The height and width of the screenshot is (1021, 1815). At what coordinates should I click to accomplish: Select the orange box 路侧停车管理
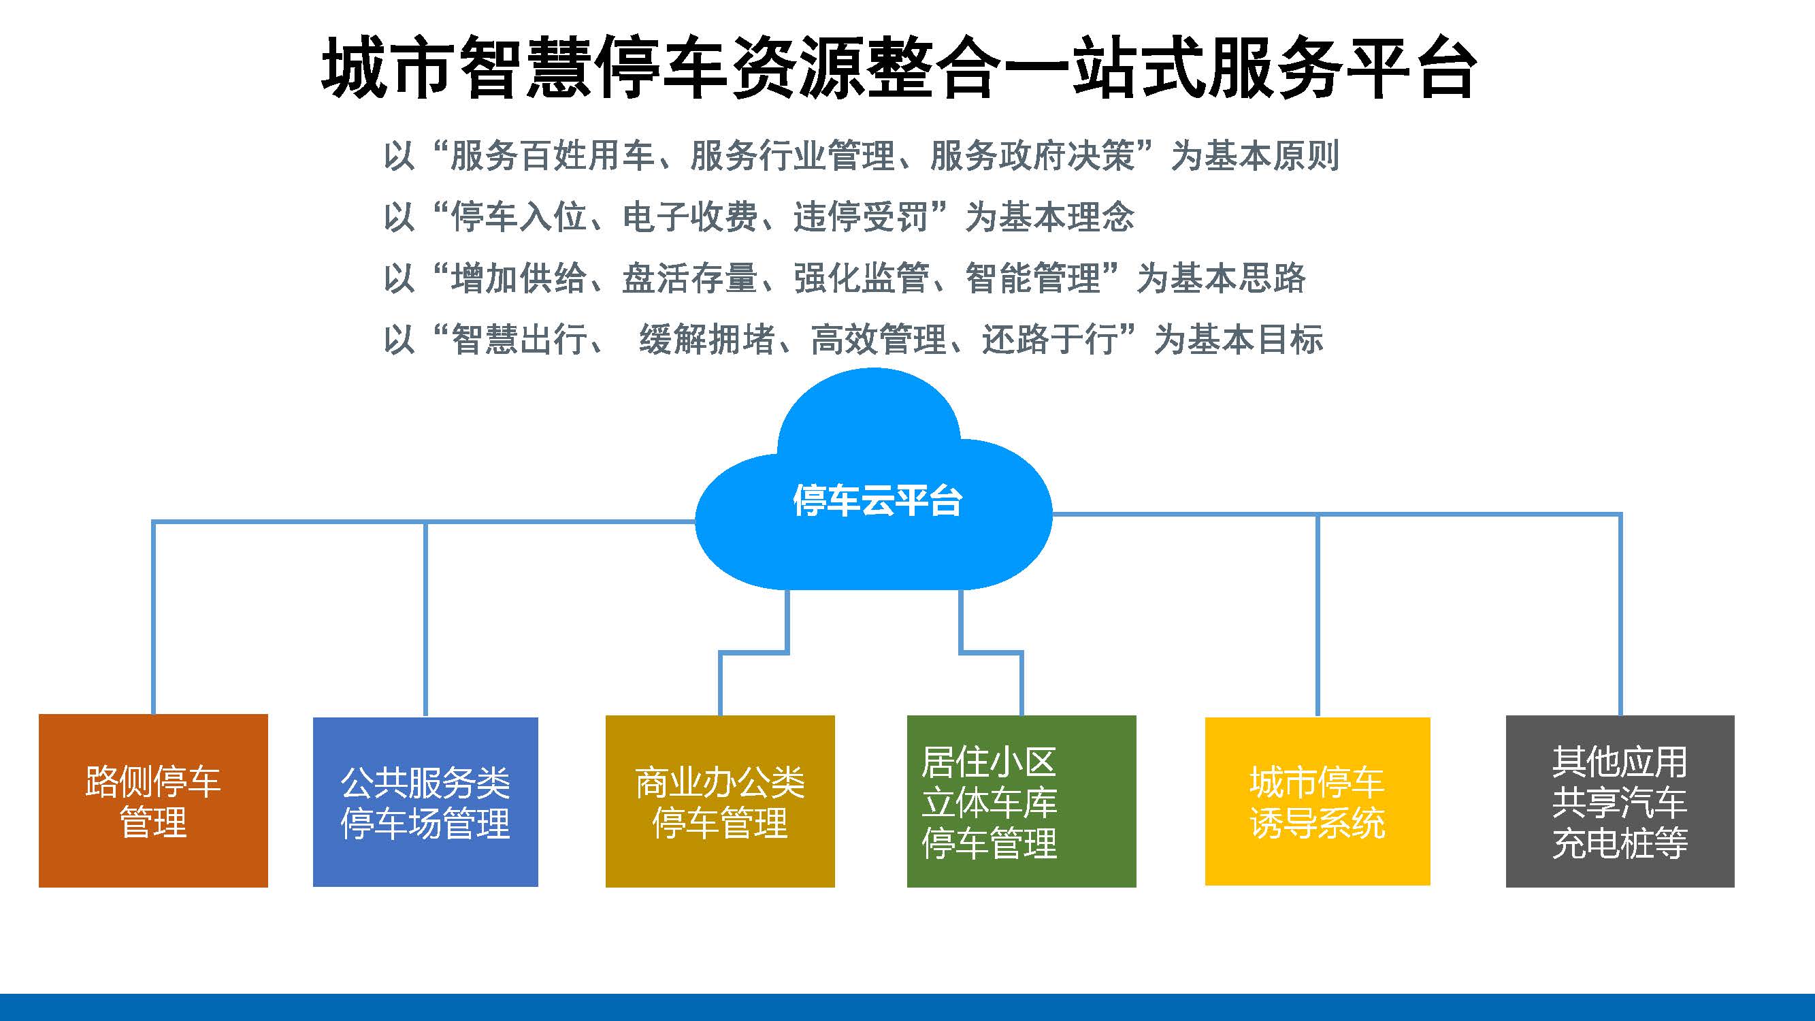153,800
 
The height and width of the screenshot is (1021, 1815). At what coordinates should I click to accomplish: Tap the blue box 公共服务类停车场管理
425,802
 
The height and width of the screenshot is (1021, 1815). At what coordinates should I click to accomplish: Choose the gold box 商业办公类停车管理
720,801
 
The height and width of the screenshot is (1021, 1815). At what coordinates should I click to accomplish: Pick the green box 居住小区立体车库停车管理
1021,801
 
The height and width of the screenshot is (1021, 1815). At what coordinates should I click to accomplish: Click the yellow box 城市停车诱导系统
1318,801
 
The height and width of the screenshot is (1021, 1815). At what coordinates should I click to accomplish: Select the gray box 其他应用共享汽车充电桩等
1620,801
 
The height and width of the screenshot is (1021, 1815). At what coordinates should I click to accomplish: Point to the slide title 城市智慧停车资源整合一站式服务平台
898,67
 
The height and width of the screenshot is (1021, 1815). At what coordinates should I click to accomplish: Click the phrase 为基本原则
1255,156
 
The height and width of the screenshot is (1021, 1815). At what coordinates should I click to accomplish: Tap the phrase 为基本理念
1050,216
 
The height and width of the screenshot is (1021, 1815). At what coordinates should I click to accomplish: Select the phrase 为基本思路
1221,278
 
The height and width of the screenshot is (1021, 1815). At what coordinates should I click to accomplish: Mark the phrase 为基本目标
1239,339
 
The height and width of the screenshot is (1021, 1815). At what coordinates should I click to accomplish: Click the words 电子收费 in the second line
691,216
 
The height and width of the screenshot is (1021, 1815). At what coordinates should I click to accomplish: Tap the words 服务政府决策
1032,156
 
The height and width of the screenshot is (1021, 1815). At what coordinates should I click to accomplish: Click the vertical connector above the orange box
154,618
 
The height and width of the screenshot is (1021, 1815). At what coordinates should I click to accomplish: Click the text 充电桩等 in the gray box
1620,843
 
